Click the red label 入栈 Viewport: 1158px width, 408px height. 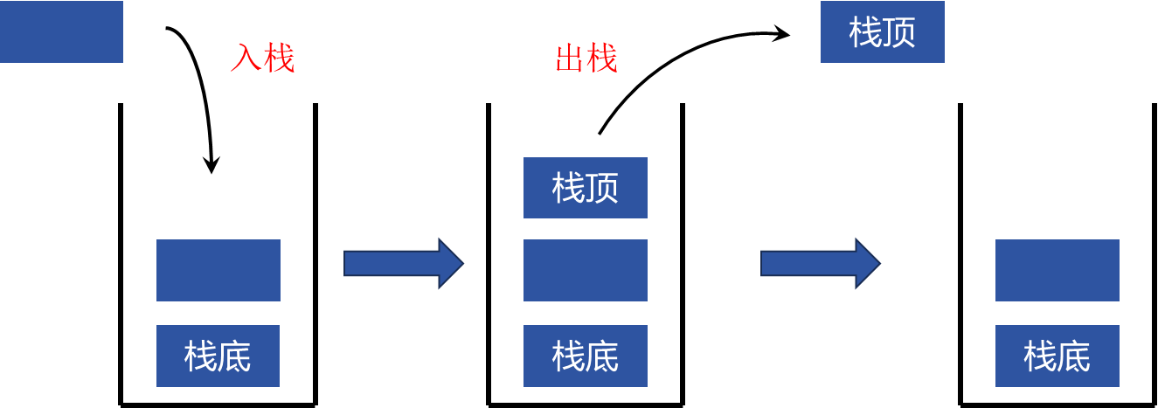(x=262, y=59)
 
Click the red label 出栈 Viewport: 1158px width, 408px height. (x=586, y=59)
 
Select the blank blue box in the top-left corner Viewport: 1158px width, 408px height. (x=61, y=31)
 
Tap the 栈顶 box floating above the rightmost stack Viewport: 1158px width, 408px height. (x=883, y=32)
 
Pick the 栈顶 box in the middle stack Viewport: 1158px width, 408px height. (x=586, y=188)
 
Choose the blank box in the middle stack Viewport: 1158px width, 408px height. (x=586, y=270)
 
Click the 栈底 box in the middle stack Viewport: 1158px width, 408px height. (x=586, y=356)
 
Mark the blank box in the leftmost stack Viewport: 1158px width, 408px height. (x=218, y=270)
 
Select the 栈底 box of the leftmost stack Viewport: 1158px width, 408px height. (x=218, y=356)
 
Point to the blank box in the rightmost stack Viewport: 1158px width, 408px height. (x=1057, y=270)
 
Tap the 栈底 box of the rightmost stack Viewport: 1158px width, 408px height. (x=1057, y=356)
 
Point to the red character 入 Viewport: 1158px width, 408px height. (x=246, y=59)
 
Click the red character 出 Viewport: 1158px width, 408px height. (x=570, y=59)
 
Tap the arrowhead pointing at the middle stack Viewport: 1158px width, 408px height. (x=450, y=263)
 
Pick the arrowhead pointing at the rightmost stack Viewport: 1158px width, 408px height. (x=867, y=263)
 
